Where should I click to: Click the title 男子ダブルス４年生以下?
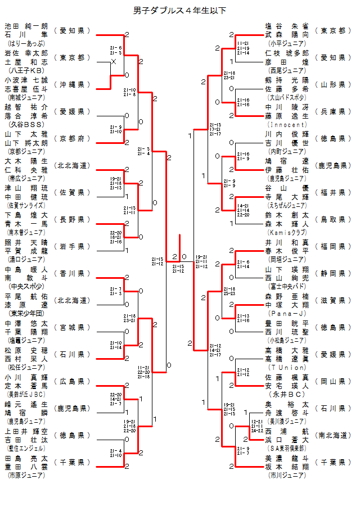(180, 11)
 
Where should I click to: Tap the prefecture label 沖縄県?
(72, 84)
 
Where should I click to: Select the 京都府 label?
(72, 138)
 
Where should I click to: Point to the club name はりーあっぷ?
(26, 43)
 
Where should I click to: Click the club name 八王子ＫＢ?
(26, 70)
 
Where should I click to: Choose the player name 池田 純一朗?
(26, 26)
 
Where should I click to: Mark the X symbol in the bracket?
(114, 61)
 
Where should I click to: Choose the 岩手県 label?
(72, 246)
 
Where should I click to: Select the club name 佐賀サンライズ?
(26, 205)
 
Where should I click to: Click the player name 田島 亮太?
(26, 458)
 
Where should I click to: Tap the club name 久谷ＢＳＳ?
(26, 124)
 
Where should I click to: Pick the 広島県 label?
(72, 381)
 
